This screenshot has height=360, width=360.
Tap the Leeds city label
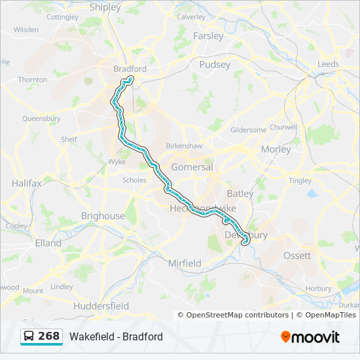click(328, 64)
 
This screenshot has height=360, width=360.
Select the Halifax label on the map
click(26, 183)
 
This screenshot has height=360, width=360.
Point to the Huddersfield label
click(101, 306)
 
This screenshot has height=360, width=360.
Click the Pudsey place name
click(215, 65)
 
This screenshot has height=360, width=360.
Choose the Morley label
click(276, 149)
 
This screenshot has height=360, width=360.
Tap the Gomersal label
click(192, 167)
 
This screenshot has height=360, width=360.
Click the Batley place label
click(240, 193)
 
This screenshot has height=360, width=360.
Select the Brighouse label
click(103, 215)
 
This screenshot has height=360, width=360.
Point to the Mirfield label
click(185, 263)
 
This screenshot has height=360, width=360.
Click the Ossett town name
click(297, 255)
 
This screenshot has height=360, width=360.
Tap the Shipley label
click(105, 7)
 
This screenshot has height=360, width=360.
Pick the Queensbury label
click(41, 119)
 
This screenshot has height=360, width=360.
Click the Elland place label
click(48, 243)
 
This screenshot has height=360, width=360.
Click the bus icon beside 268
click(29, 336)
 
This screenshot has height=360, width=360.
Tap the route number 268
click(48, 336)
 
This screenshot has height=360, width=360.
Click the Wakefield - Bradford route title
click(116, 337)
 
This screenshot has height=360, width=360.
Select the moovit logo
click(310, 337)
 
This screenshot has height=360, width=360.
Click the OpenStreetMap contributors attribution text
click(238, 315)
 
